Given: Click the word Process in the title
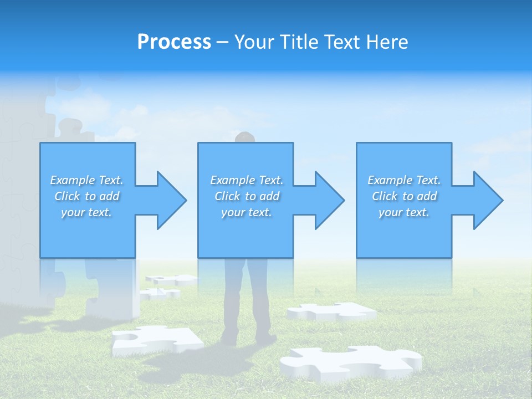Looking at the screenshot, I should [x=174, y=42].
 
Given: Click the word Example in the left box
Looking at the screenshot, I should [x=72, y=180].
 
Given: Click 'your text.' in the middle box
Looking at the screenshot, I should [x=247, y=212].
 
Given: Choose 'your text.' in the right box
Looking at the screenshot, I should [x=404, y=212].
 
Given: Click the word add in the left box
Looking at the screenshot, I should [x=109, y=196].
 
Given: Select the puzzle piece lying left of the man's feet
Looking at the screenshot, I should [x=156, y=339].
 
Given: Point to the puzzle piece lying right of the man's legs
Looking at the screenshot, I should [x=331, y=312].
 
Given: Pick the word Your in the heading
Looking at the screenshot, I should [x=254, y=42].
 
